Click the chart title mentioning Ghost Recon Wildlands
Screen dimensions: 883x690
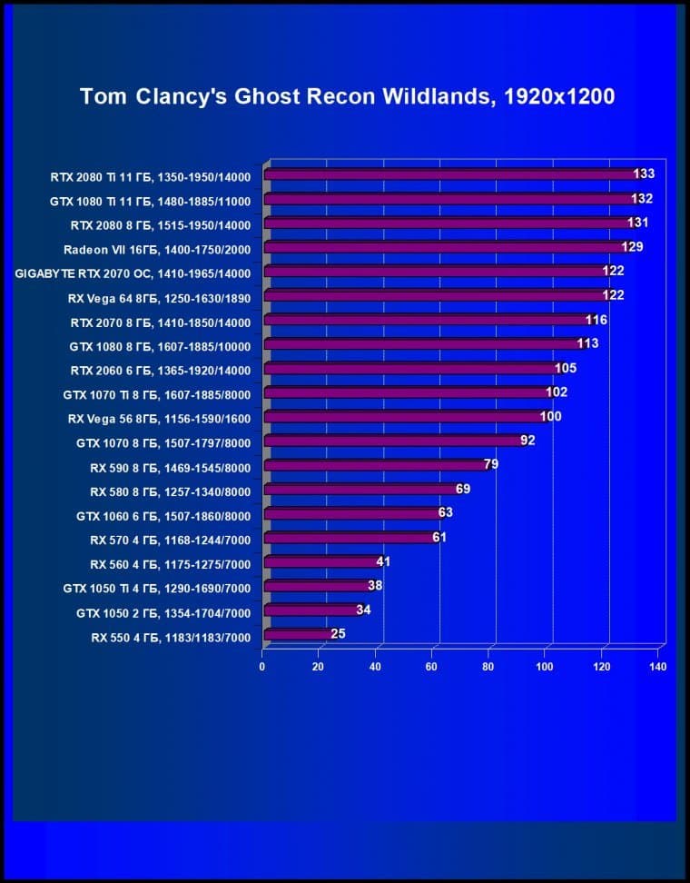(x=348, y=96)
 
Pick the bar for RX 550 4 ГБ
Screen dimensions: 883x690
(x=295, y=634)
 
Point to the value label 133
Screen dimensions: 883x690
(x=644, y=174)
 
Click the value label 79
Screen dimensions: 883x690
(x=490, y=464)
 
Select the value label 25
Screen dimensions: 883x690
(x=338, y=634)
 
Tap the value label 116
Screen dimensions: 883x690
(x=596, y=320)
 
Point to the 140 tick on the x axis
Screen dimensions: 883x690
(x=658, y=667)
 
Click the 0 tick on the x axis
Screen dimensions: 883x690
(x=262, y=667)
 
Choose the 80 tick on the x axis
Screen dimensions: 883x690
(x=488, y=667)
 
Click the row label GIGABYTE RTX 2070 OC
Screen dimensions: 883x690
(x=133, y=273)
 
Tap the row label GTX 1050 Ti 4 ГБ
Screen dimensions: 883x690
(x=156, y=588)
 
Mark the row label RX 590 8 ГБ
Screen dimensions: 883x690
(x=170, y=467)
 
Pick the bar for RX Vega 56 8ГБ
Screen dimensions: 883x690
(x=404, y=417)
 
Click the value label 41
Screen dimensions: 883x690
(x=383, y=561)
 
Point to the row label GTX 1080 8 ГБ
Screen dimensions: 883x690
(x=160, y=346)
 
